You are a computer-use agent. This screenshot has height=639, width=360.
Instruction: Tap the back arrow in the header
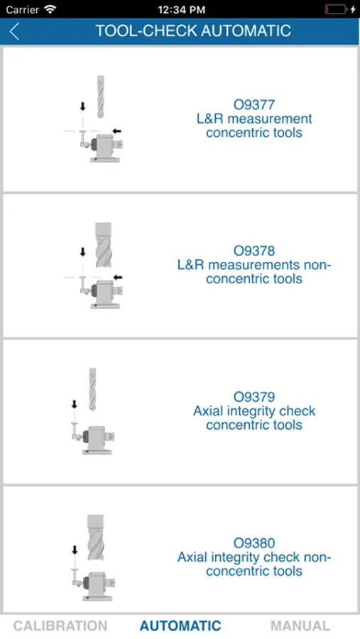point(14,31)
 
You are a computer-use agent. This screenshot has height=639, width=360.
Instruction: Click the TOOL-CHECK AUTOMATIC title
point(193,31)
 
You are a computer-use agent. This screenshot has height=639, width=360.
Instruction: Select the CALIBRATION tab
point(60,626)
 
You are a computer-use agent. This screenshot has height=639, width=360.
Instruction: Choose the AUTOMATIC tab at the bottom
point(180,626)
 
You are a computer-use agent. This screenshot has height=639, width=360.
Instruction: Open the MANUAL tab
point(300,626)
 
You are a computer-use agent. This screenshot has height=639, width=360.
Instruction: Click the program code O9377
point(254,105)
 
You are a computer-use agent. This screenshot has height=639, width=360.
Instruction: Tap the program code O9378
point(254,251)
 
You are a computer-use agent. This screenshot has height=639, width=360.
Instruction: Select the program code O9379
point(254,396)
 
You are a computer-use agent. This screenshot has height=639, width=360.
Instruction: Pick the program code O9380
point(254,543)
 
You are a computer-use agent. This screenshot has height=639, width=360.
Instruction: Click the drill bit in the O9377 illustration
point(100,97)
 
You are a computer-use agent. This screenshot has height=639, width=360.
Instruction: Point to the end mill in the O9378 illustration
point(103,245)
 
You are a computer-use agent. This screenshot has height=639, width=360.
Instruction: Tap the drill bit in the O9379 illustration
point(92,389)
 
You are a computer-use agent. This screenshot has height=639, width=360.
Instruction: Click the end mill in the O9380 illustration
point(95,537)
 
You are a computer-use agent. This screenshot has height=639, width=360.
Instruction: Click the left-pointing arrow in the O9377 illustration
point(117,131)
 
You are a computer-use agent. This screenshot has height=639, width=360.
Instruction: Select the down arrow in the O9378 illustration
point(83,252)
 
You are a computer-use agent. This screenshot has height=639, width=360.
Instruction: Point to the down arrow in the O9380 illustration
point(75,550)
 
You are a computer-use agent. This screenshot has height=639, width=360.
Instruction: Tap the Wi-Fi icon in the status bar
point(50,9)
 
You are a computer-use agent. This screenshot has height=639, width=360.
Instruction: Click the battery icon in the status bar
point(337,9)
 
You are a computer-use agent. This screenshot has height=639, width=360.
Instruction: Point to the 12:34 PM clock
point(182,9)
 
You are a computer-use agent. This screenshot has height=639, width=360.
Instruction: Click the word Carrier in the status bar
point(22,9)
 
